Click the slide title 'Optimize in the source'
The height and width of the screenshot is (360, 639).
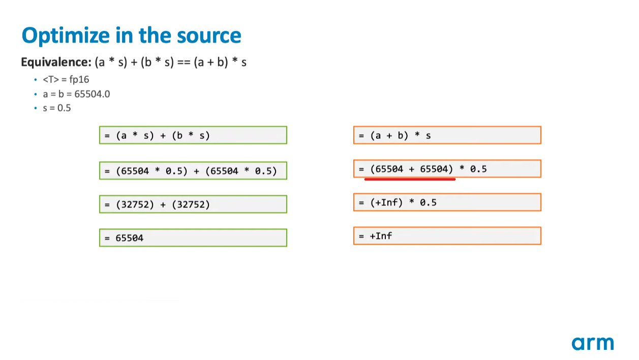(x=131, y=36)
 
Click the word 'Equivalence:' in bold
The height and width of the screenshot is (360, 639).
(x=56, y=63)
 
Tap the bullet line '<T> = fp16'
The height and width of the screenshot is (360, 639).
(x=66, y=80)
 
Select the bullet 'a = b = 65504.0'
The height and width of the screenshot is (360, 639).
(x=76, y=94)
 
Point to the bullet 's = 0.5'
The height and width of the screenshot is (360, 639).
(x=57, y=108)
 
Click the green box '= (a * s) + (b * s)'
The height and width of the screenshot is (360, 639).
(x=193, y=135)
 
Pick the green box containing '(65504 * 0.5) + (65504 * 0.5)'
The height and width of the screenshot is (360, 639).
(x=193, y=171)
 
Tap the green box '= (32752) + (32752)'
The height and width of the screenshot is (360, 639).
(x=193, y=204)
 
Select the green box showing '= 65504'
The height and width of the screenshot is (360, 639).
(x=193, y=237)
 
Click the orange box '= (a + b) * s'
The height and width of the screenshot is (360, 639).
(x=447, y=135)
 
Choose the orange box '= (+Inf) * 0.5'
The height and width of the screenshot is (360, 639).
(x=447, y=202)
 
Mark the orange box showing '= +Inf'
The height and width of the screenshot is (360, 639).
(x=447, y=236)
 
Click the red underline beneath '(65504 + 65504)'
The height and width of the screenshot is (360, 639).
(x=410, y=179)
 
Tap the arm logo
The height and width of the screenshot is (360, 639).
(x=592, y=343)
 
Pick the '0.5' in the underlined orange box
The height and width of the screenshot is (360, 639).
(x=478, y=169)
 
